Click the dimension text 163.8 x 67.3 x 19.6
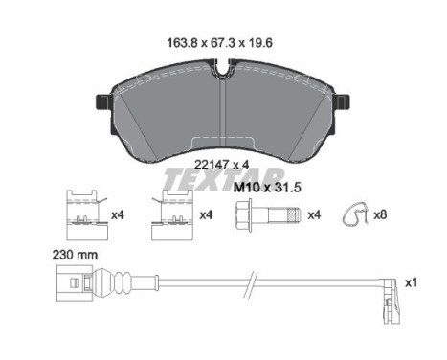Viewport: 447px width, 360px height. (x=219, y=43)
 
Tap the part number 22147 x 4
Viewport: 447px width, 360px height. (x=221, y=165)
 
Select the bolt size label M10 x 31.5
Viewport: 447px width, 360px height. (x=267, y=188)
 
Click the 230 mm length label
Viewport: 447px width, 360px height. (x=76, y=255)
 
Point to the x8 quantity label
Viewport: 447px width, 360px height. (x=380, y=214)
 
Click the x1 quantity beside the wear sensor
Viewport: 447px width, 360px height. (x=411, y=282)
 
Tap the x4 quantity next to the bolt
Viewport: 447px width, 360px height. (x=314, y=214)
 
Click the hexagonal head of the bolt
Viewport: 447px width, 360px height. (x=243, y=214)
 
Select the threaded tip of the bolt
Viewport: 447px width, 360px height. (x=294, y=214)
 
